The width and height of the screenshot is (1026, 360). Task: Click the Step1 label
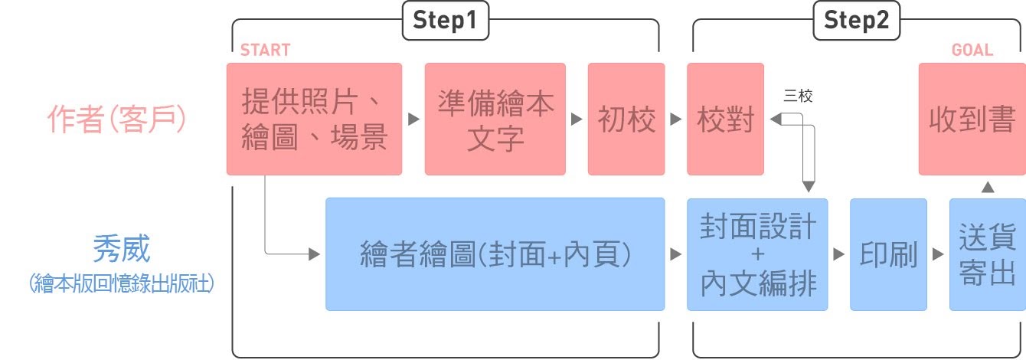[x=445, y=21]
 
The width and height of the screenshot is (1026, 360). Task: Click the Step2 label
[x=857, y=21]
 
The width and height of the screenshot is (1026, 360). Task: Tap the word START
[x=265, y=51]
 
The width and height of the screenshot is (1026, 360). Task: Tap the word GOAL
[x=972, y=51]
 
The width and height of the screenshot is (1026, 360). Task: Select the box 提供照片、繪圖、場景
[x=314, y=119]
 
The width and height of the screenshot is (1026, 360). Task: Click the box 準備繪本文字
[x=495, y=119]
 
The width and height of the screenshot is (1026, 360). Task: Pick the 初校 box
[x=626, y=119]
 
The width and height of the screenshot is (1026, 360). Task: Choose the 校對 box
[x=725, y=119]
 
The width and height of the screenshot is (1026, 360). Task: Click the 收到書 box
[x=972, y=119]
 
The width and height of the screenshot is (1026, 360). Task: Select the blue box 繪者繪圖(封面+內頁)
[x=495, y=254]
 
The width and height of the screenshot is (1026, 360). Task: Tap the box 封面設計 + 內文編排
[x=757, y=254]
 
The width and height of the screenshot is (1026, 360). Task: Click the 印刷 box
[x=888, y=254]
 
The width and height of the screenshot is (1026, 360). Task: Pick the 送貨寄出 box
[x=987, y=254]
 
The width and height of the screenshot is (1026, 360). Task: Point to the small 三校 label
[x=799, y=97]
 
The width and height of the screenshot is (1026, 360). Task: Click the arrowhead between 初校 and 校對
[x=675, y=119]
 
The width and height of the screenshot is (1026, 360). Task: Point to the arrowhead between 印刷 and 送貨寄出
[x=938, y=254]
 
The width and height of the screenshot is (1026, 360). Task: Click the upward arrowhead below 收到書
[x=988, y=186]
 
